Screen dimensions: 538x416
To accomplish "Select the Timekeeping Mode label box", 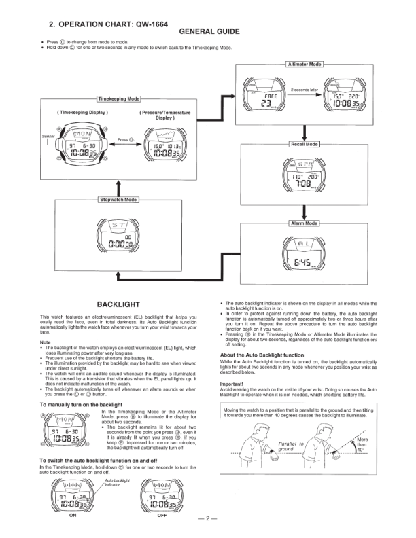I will (119, 98).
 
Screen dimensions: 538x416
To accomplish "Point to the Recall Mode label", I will (304, 145).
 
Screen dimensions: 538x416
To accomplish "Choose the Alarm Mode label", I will (304, 223).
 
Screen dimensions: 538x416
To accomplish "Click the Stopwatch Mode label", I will (119, 200).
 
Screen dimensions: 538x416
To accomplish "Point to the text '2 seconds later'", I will (304, 89).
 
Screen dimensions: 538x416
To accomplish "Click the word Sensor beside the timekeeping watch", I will (48, 136).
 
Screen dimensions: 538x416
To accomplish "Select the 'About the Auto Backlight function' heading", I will (262, 355).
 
